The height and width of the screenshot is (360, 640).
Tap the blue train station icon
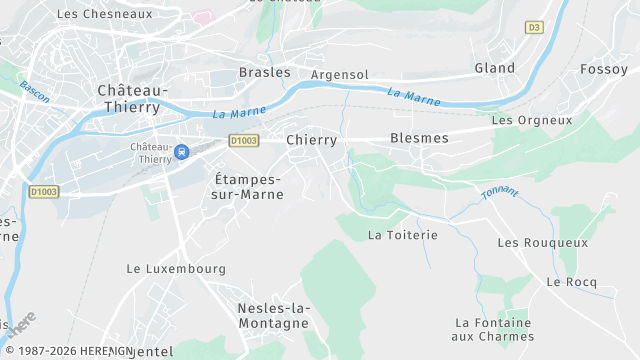[x=182, y=152]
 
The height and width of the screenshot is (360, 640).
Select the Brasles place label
[x=264, y=72]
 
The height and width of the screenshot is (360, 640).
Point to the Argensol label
[x=339, y=75]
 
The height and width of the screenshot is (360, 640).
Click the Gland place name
[x=494, y=68]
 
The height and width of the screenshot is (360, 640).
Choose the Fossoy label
[x=603, y=69]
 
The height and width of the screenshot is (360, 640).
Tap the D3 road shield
[x=534, y=28]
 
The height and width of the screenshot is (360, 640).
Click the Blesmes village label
[x=419, y=138]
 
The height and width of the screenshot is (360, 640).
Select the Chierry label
[x=311, y=140]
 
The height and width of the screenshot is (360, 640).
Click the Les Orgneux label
[x=532, y=120]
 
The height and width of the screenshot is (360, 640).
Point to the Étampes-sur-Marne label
[x=248, y=186]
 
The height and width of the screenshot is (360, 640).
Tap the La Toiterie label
[x=403, y=235]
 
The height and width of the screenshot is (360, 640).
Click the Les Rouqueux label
[x=542, y=243]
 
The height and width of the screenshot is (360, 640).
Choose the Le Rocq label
[x=571, y=282]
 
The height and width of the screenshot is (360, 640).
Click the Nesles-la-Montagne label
[x=273, y=316]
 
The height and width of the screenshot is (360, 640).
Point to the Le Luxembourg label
[x=176, y=269]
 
